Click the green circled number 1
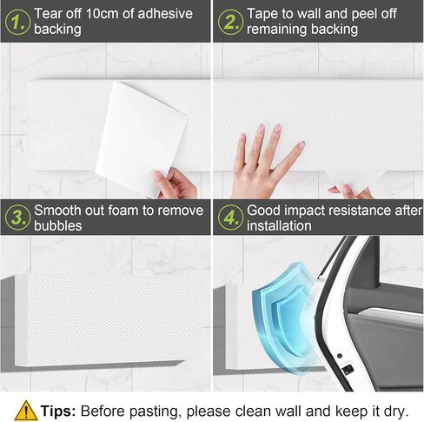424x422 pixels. click(x=17, y=23)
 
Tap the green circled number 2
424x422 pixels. click(x=230, y=23)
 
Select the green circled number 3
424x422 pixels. click(x=17, y=218)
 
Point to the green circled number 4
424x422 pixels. click(x=230, y=218)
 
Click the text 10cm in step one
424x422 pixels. click(x=103, y=14)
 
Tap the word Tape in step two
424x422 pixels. click(x=261, y=15)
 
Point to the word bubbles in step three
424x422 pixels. click(x=58, y=225)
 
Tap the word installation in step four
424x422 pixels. click(x=279, y=225)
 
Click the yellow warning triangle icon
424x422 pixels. click(x=26, y=411)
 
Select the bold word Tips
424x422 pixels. click(x=58, y=411)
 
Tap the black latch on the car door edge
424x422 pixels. click(x=348, y=370)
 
